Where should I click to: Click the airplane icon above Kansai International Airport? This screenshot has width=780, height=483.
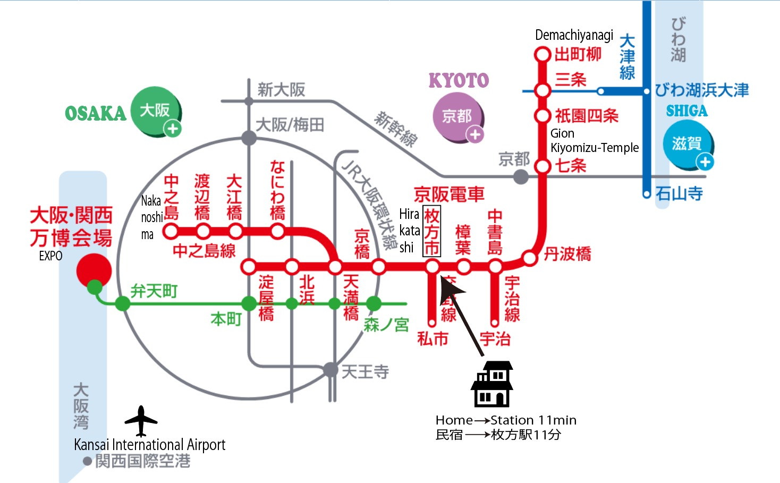point(141,421)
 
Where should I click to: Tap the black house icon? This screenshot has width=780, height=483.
point(492,384)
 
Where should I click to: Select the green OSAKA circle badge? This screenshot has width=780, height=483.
point(156,111)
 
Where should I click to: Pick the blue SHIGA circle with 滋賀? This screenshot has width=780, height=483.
point(688,144)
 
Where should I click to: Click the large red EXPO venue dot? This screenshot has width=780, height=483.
point(94,270)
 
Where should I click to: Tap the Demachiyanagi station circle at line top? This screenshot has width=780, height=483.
point(542,55)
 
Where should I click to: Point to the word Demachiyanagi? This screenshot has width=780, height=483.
point(574,35)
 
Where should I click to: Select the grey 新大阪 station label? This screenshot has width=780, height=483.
point(281,89)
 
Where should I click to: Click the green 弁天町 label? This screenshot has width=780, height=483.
point(154,291)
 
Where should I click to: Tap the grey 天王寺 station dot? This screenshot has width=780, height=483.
point(330,369)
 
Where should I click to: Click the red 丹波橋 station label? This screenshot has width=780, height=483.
point(567,254)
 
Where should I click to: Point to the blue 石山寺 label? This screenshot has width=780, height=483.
point(679,193)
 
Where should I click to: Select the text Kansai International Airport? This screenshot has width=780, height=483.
point(149,444)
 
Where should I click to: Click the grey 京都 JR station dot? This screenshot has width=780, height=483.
point(521,176)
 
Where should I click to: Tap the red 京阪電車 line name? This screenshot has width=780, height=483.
point(449,194)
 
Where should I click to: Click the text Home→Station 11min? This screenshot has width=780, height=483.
point(506,420)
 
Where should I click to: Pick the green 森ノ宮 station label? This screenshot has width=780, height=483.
point(386,324)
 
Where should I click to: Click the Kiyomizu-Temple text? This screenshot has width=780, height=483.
point(595,148)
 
